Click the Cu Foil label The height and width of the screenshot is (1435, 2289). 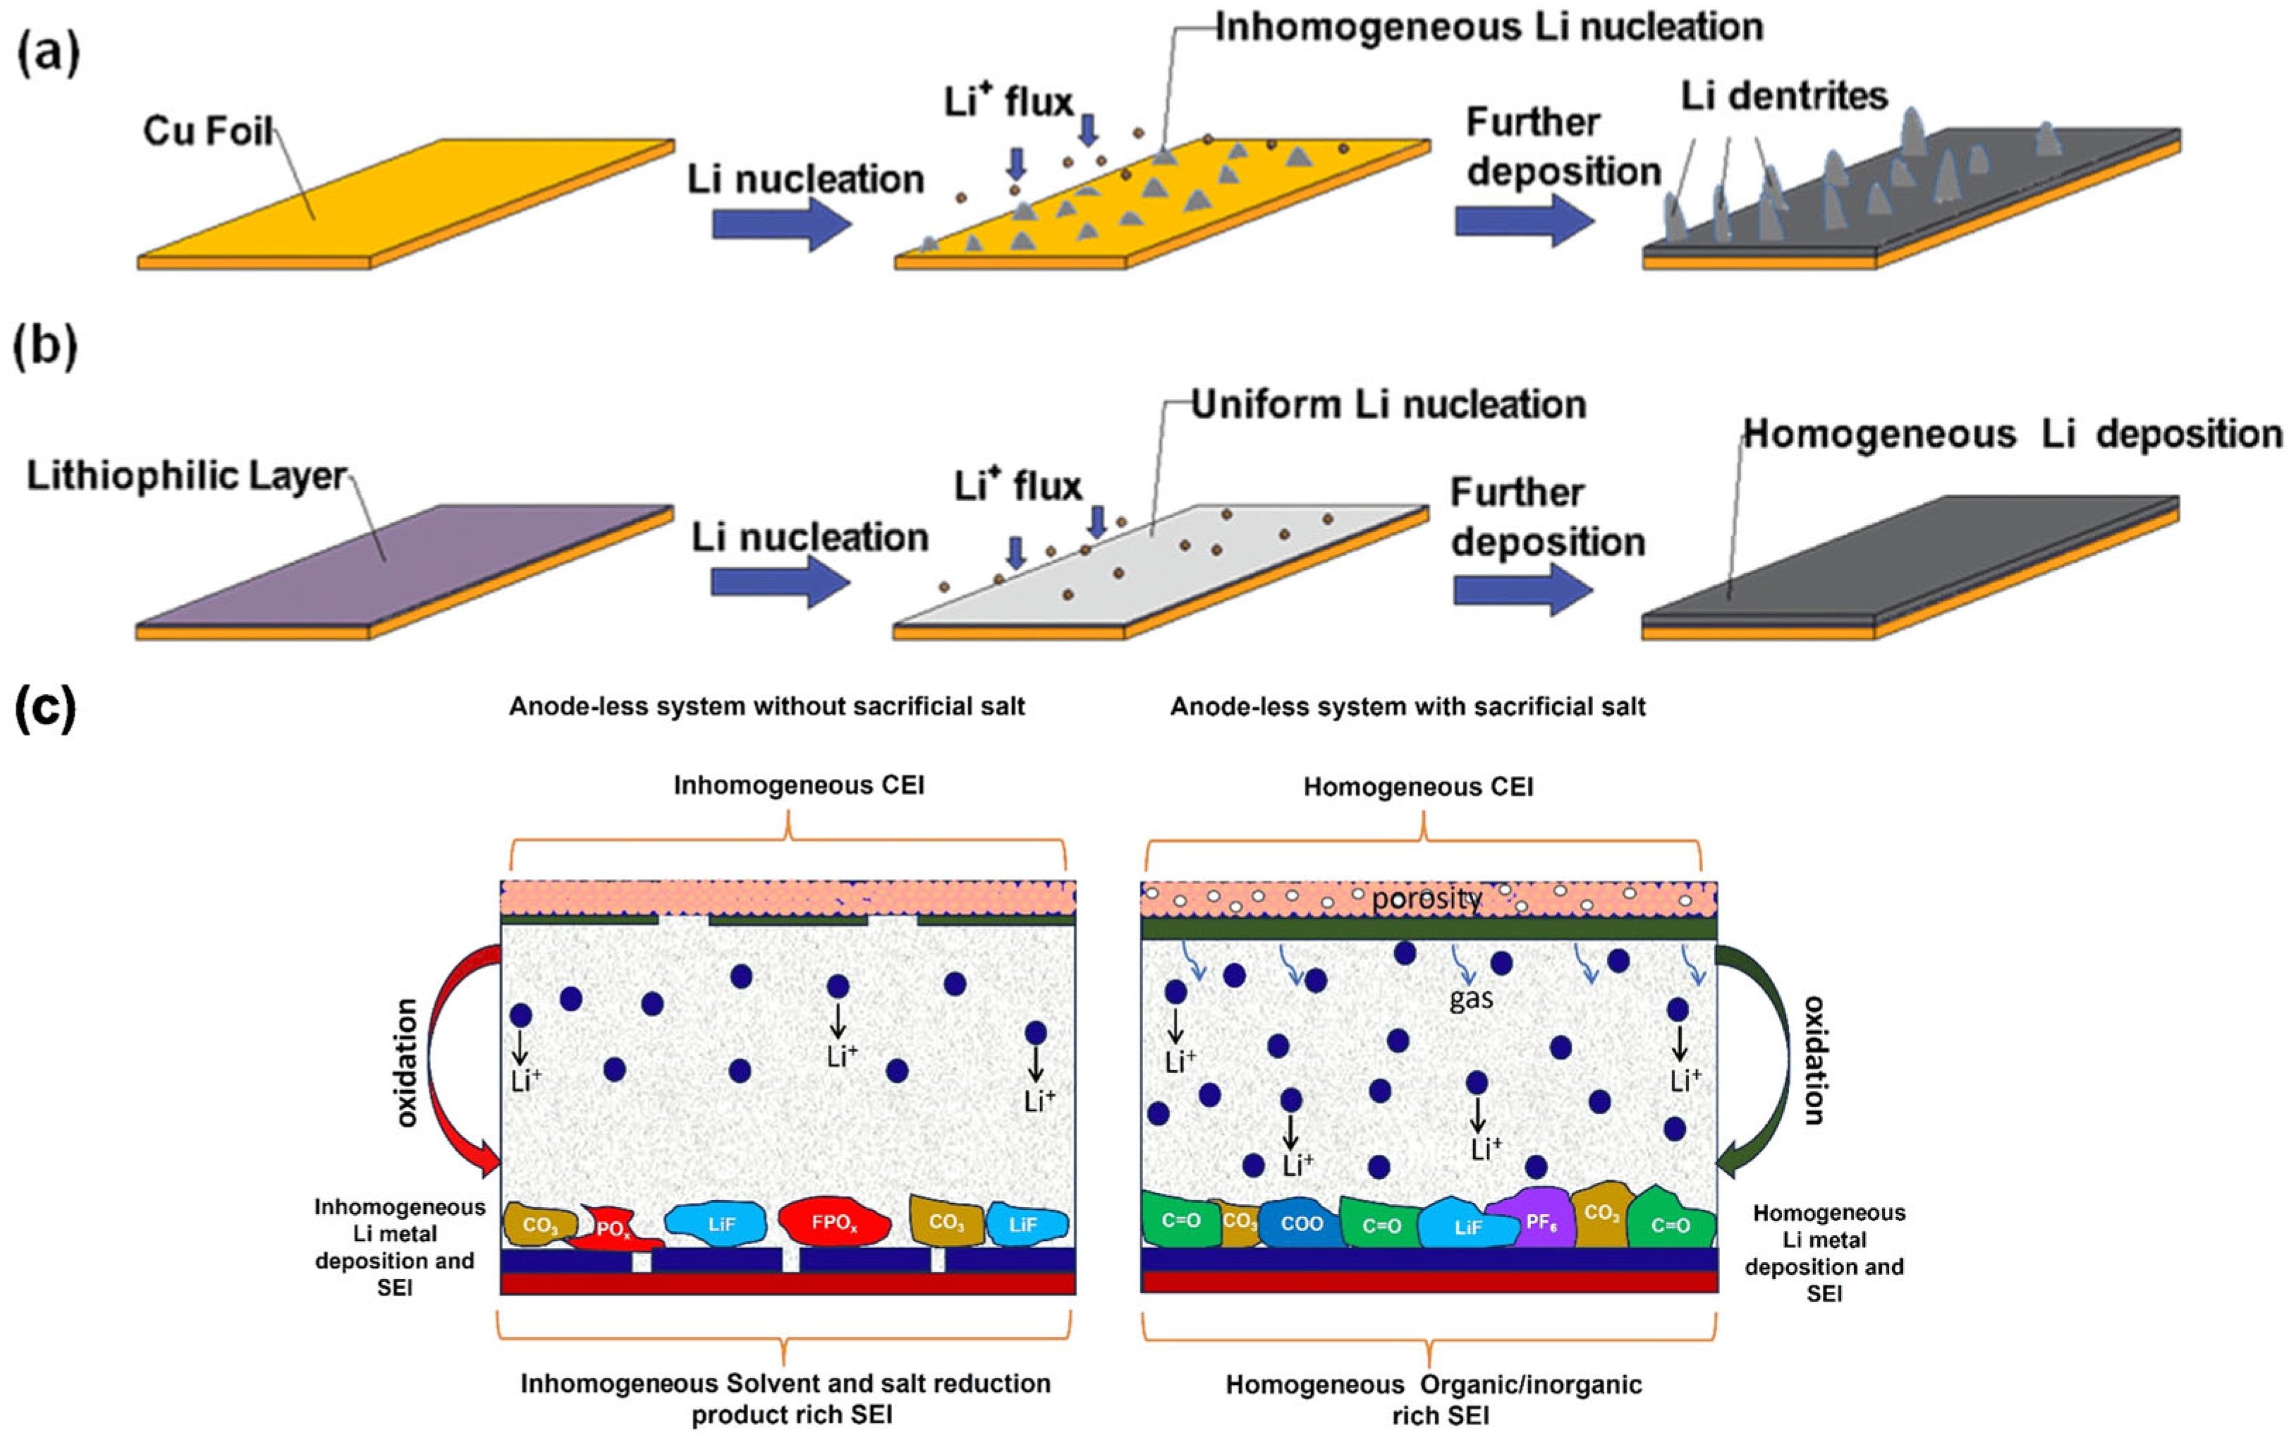coord(208,131)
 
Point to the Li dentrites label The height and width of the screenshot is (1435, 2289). coord(1784,96)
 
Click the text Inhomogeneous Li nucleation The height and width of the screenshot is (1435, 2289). coord(1489,28)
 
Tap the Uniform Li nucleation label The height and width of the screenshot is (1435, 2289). coord(1388,405)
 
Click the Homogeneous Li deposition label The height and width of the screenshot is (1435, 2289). coord(2012,434)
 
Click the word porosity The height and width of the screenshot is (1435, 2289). coord(1426,898)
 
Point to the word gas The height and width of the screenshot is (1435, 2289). coord(1470,998)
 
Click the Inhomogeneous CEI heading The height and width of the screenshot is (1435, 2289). coord(798,786)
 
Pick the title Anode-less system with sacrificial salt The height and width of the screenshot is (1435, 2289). coord(1407,707)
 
